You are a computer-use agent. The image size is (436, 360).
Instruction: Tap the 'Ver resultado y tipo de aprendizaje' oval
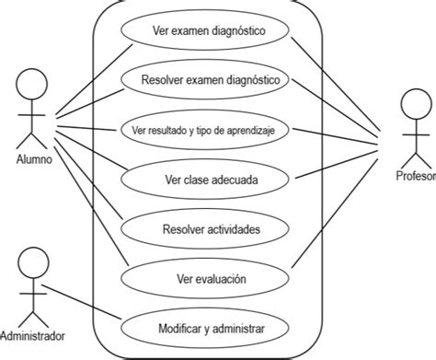click(206, 131)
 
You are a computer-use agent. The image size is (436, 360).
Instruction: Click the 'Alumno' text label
click(34, 157)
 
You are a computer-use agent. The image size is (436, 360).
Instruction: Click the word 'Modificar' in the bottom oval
click(179, 327)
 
